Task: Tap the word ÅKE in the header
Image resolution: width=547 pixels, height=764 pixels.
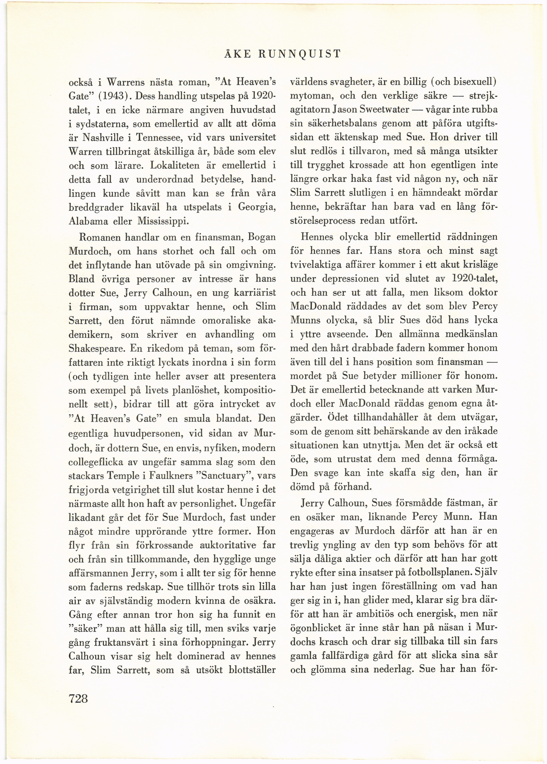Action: [237, 54]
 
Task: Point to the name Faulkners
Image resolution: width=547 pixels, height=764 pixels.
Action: [164, 475]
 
